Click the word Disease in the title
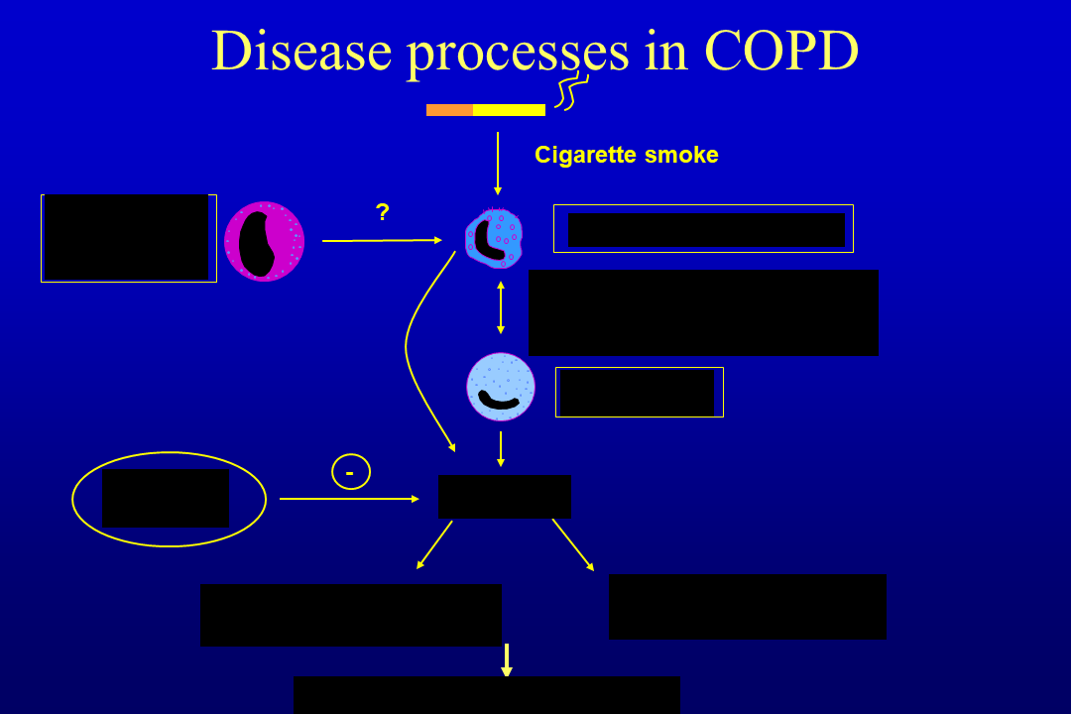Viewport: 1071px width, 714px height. click(x=301, y=52)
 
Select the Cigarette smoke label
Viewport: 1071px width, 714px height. click(x=626, y=155)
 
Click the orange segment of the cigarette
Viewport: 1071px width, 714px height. click(x=449, y=110)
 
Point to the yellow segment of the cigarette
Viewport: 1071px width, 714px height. click(x=509, y=110)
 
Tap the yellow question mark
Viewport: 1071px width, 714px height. click(x=382, y=211)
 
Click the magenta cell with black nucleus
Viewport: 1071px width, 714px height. click(x=264, y=241)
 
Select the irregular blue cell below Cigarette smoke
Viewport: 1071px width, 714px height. click(x=494, y=238)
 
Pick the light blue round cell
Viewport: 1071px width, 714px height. click(x=501, y=387)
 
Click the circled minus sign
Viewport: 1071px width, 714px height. click(x=351, y=472)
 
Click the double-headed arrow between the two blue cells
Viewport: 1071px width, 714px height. click(x=501, y=307)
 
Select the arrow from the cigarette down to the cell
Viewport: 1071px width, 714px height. click(x=498, y=164)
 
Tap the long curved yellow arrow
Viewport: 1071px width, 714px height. click(x=409, y=347)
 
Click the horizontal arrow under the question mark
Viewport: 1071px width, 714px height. click(x=382, y=240)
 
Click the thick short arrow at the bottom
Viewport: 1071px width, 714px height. click(x=507, y=659)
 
